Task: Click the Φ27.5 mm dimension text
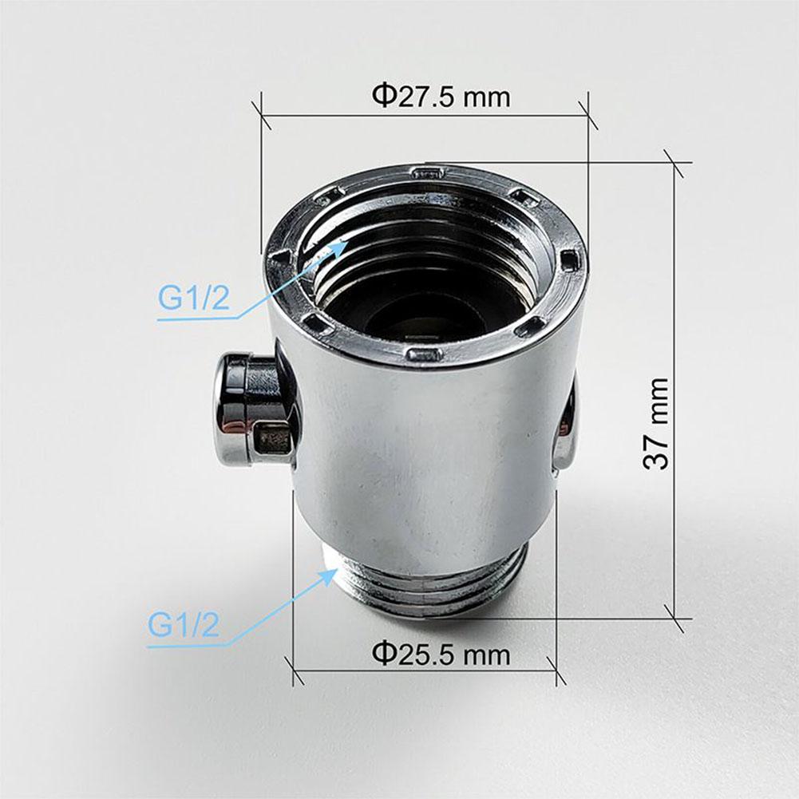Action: (441, 97)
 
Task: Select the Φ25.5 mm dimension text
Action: (441, 654)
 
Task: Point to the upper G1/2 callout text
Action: (193, 299)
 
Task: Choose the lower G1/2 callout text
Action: (183, 624)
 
